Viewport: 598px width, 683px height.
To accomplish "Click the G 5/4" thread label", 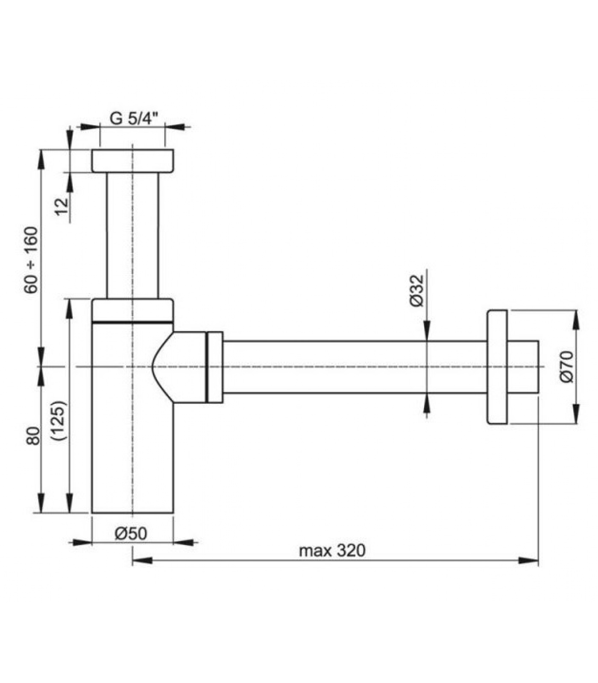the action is [x=134, y=118].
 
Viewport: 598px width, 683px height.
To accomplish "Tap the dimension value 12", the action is [x=62, y=207].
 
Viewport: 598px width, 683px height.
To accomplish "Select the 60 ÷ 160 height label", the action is [x=31, y=260].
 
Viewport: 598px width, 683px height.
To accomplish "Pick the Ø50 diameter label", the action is [x=131, y=533].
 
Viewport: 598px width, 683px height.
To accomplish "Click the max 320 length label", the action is [x=332, y=551].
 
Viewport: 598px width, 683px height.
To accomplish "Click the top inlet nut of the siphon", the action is [x=133, y=161].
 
